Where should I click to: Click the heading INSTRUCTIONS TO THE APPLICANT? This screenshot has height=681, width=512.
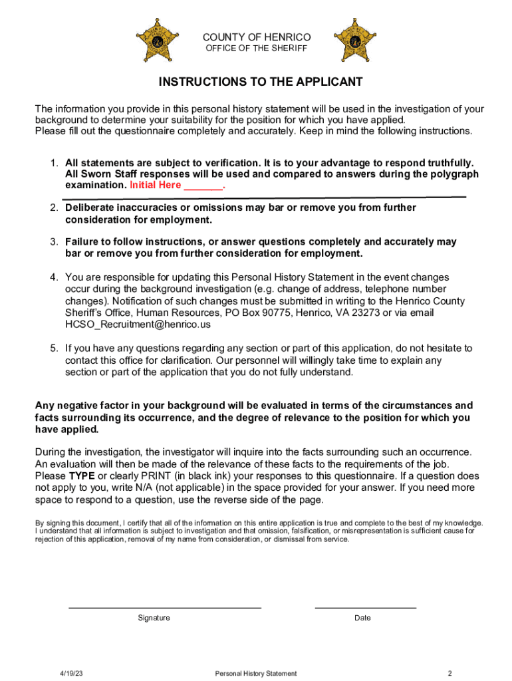tap(261, 82)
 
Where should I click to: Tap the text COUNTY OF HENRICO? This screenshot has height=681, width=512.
tap(257, 37)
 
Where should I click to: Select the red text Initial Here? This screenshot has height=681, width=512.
tap(156, 186)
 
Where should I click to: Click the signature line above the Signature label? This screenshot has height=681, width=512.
tap(165, 607)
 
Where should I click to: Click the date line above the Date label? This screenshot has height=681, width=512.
tap(365, 607)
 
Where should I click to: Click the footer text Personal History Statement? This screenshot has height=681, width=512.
tap(256, 674)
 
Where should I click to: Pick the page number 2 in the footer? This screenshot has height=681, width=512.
tap(450, 674)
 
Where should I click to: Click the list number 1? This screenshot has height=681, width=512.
tap(53, 163)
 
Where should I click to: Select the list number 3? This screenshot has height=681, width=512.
tap(53, 242)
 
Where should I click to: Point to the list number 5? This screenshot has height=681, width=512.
tap(53, 348)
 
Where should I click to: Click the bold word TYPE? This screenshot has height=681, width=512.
tap(82, 476)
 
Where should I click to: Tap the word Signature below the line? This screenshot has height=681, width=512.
tap(154, 618)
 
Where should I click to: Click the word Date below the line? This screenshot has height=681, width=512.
tap(362, 618)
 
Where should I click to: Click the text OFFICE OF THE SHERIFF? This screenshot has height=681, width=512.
tap(257, 49)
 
